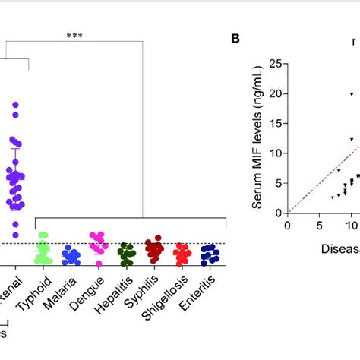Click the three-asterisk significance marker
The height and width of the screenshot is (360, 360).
(74, 36)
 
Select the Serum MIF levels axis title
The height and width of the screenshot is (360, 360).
(256, 137)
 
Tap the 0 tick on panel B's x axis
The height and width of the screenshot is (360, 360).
(288, 225)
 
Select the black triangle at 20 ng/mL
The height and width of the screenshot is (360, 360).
(352, 94)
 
